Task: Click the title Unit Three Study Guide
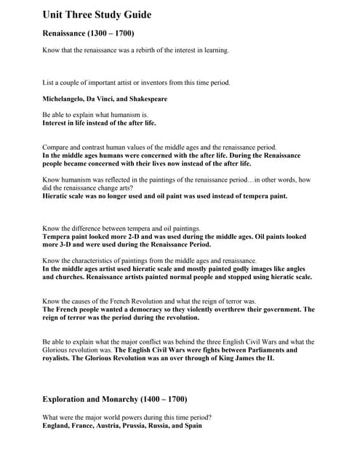tap(96, 15)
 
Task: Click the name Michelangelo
tap(65, 99)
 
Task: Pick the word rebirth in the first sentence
tap(132, 50)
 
